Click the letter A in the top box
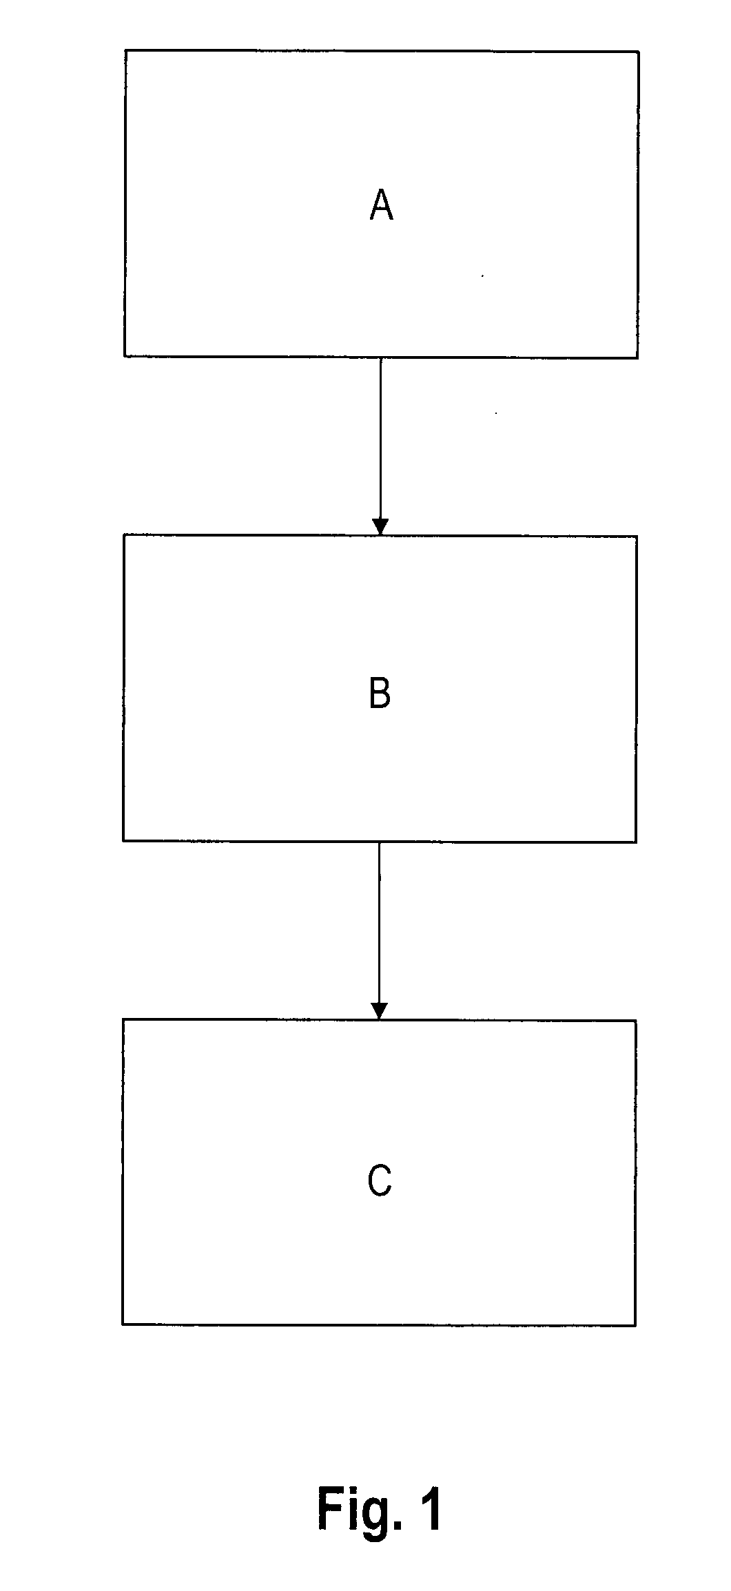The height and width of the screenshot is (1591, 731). [x=381, y=205]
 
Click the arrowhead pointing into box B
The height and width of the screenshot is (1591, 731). [x=380, y=527]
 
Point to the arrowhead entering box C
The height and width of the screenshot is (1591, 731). [x=379, y=1010]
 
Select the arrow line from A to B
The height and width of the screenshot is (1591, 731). [x=380, y=446]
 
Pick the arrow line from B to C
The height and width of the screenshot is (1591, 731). [x=379, y=930]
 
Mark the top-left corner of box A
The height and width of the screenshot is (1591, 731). [x=125, y=50]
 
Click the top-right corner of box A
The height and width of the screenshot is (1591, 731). [x=638, y=52]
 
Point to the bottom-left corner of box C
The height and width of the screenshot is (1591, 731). [x=123, y=1323]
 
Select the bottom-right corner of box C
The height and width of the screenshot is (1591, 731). [x=635, y=1325]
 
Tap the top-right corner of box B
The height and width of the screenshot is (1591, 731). [x=637, y=537]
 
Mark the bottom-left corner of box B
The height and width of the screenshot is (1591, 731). [x=123, y=840]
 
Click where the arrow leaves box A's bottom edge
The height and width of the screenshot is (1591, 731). [x=380, y=357]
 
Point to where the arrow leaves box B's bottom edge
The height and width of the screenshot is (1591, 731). [x=379, y=842]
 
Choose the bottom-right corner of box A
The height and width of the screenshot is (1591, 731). [x=637, y=358]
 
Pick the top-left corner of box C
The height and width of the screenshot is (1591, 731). [x=123, y=1019]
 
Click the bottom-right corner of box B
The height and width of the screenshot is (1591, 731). [x=636, y=842]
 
